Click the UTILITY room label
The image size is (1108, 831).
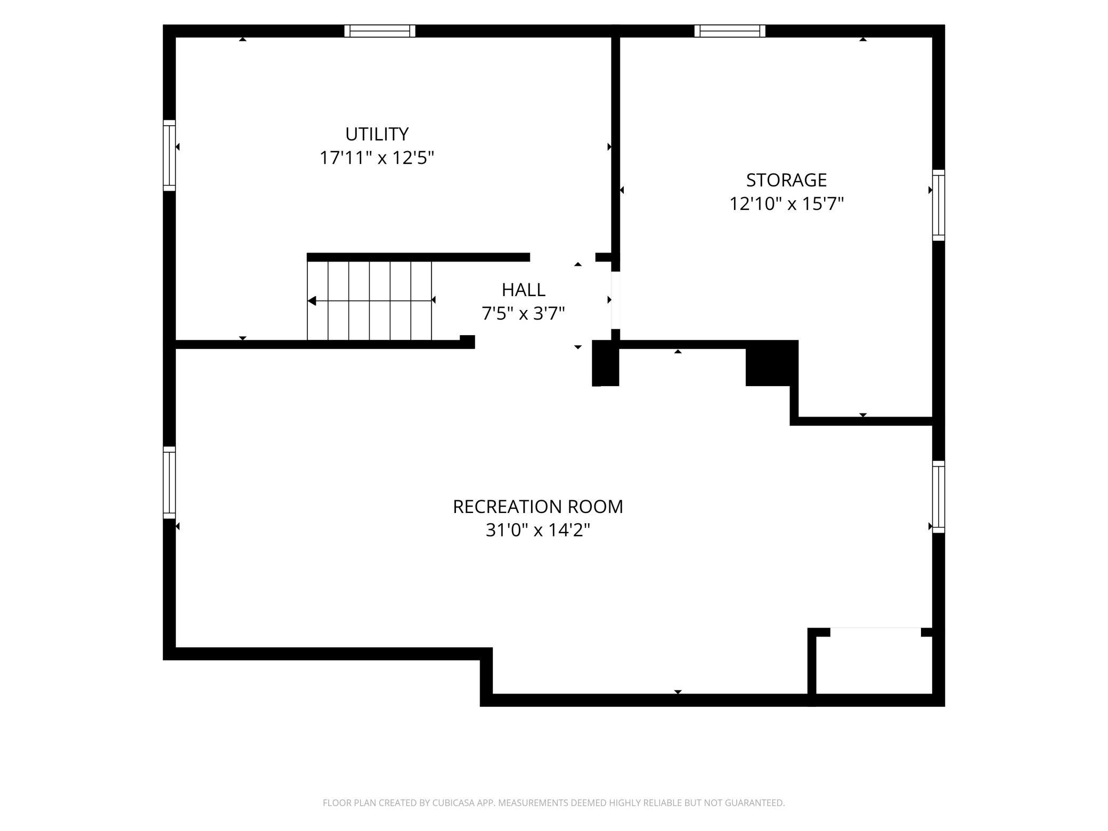coord(377,134)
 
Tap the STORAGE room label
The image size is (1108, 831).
coord(786,180)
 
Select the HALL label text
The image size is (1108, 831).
coord(524,290)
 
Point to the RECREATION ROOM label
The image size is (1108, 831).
coord(538,507)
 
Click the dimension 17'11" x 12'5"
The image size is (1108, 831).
coord(377,158)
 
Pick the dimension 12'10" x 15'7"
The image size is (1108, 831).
coord(787,204)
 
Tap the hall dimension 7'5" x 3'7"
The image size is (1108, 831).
coord(523,314)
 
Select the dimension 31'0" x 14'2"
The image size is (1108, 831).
coord(538,531)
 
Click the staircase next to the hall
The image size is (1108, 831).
coord(369,300)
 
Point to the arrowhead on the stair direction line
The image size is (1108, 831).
coord(312,301)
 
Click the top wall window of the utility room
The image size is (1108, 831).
coord(379,31)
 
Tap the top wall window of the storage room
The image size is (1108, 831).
coord(730,31)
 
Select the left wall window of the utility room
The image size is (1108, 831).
coord(169,155)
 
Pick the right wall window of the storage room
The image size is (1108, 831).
coord(939,205)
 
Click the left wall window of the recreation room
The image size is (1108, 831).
coord(169,483)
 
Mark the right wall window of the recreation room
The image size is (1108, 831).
coord(939,497)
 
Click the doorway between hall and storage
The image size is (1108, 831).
coord(616,300)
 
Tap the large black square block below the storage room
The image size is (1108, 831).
coord(771,363)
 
